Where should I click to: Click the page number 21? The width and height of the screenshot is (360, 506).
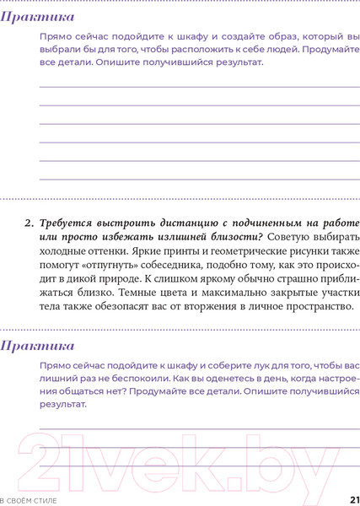tap(353, 499)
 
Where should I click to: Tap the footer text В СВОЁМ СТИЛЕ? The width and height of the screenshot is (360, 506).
tap(29, 500)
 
